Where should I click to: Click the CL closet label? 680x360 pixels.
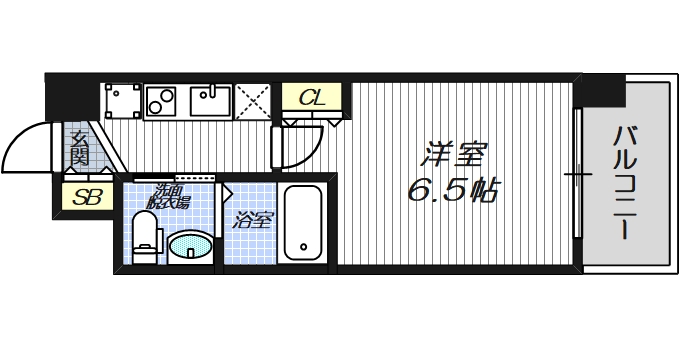[x=312, y=98]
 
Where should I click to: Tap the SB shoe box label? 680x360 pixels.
[x=85, y=198]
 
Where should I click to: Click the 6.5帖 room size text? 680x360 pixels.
[x=453, y=190]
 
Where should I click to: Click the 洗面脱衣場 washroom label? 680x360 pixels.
[x=170, y=196]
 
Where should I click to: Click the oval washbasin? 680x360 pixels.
[x=190, y=245]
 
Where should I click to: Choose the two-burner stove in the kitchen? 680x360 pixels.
[x=162, y=100]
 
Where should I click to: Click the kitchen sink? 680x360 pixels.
[x=211, y=100]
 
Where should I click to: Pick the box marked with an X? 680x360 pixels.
[x=252, y=101]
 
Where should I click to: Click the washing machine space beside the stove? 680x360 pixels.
[x=122, y=101]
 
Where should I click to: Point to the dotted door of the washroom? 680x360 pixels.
[x=194, y=178]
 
